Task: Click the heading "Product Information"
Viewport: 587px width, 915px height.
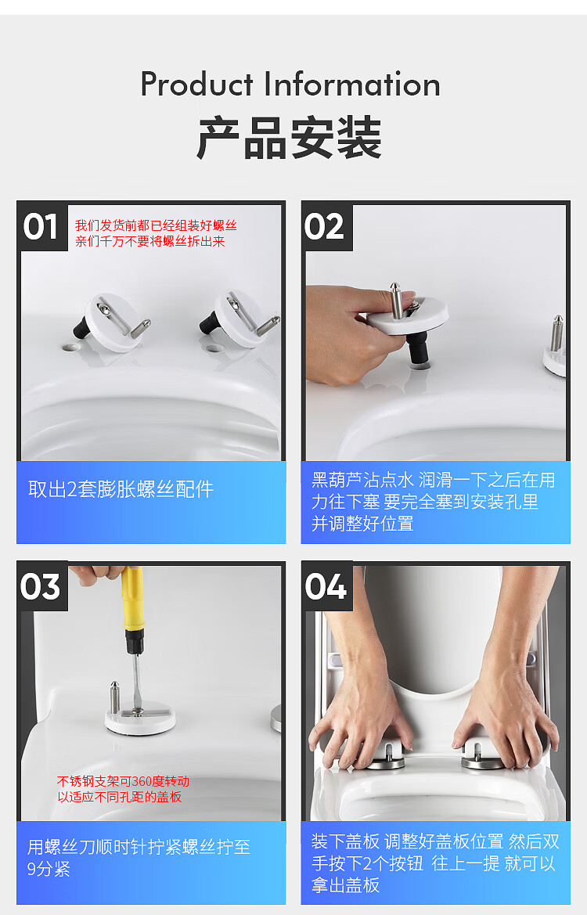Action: pyautogui.click(x=290, y=85)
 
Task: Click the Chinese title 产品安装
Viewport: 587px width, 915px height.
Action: pyautogui.click(x=289, y=139)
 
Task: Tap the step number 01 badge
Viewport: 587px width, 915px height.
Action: pyautogui.click(x=41, y=227)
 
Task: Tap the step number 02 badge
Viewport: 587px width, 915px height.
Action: pyautogui.click(x=326, y=227)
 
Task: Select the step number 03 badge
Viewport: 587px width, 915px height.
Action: pyautogui.click(x=41, y=586)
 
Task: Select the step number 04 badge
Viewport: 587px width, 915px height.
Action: pyautogui.click(x=326, y=586)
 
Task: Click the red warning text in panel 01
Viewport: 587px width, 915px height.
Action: pyautogui.click(x=155, y=233)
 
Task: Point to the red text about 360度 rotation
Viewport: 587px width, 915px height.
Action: pyautogui.click(x=123, y=789)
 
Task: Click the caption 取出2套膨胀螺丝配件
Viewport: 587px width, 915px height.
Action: pyautogui.click(x=121, y=490)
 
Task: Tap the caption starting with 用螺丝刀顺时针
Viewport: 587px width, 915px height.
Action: pyautogui.click(x=139, y=857)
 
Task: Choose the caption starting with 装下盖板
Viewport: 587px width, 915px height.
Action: pyautogui.click(x=434, y=863)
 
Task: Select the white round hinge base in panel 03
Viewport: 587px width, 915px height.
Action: pyautogui.click(x=141, y=719)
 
